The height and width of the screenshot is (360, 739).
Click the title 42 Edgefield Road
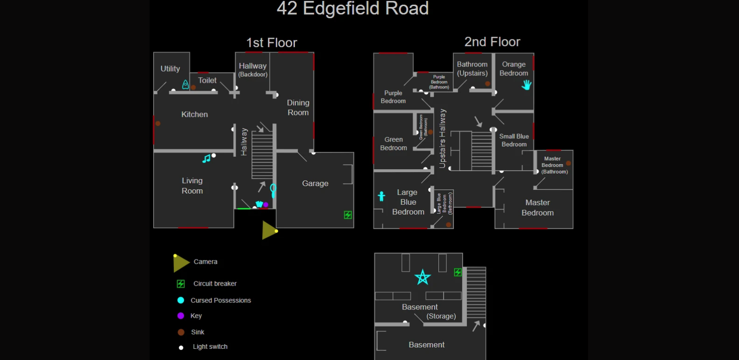pyautogui.click(x=352, y=8)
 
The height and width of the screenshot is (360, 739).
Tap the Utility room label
pyautogui.click(x=170, y=69)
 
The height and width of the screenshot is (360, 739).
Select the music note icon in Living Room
pyautogui.click(x=206, y=159)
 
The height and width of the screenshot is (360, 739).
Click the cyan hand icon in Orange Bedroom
pyautogui.click(x=527, y=85)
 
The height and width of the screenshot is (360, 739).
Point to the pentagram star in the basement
pyautogui.click(x=423, y=277)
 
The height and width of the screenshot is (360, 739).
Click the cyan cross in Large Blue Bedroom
pyautogui.click(x=381, y=196)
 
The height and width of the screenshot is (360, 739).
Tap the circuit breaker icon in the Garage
pyautogui.click(x=348, y=215)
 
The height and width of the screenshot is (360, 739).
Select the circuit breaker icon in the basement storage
pyautogui.click(x=458, y=272)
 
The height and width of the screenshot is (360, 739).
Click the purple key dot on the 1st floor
pyautogui.click(x=265, y=205)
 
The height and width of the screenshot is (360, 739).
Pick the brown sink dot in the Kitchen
pyautogui.click(x=158, y=123)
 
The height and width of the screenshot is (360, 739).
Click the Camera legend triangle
pyautogui.click(x=180, y=263)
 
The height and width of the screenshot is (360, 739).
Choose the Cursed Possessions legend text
pyautogui.click(x=221, y=300)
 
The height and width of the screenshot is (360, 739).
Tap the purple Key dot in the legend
pyautogui.click(x=181, y=316)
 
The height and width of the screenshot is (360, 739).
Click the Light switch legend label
pyautogui.click(x=210, y=346)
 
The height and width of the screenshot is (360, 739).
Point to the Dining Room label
pyautogui.click(x=298, y=108)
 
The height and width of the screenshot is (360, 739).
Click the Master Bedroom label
pyautogui.click(x=538, y=208)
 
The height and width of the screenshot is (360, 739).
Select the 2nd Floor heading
pyautogui.click(x=492, y=42)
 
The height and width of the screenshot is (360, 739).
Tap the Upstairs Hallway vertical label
pyautogui.click(x=443, y=138)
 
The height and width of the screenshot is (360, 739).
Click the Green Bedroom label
pyautogui.click(x=394, y=144)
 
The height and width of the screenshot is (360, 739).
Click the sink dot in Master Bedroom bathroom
pyautogui.click(x=568, y=163)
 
